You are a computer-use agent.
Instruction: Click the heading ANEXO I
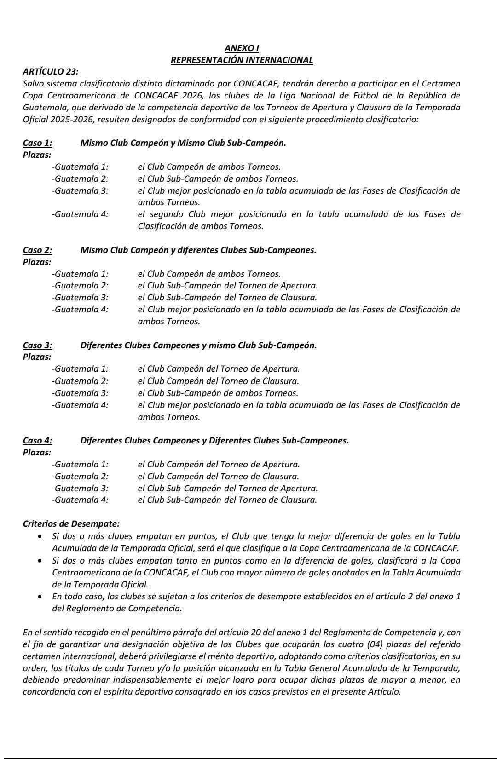[242, 48]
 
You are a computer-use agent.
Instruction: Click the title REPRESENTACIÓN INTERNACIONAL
[242, 60]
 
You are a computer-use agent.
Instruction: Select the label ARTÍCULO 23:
[51, 72]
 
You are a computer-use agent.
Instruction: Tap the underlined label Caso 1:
[37, 143]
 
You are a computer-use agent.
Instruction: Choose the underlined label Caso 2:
[37, 250]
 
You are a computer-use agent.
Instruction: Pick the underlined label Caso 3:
[37, 345]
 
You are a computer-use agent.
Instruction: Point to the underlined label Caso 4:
[37, 441]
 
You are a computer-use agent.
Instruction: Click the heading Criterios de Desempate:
[71, 524]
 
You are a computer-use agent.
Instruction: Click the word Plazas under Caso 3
[37, 357]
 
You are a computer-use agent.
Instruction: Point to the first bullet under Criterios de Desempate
[41, 536]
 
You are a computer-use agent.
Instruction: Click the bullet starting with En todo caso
[41, 597]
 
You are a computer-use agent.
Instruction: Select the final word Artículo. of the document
[385, 692]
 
